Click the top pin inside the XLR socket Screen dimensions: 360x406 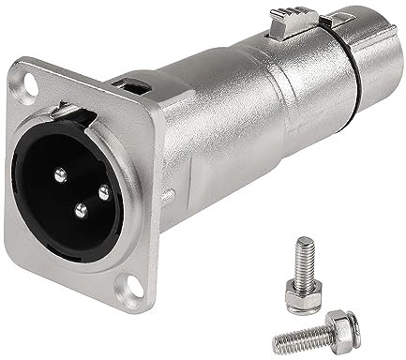click(59, 172)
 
